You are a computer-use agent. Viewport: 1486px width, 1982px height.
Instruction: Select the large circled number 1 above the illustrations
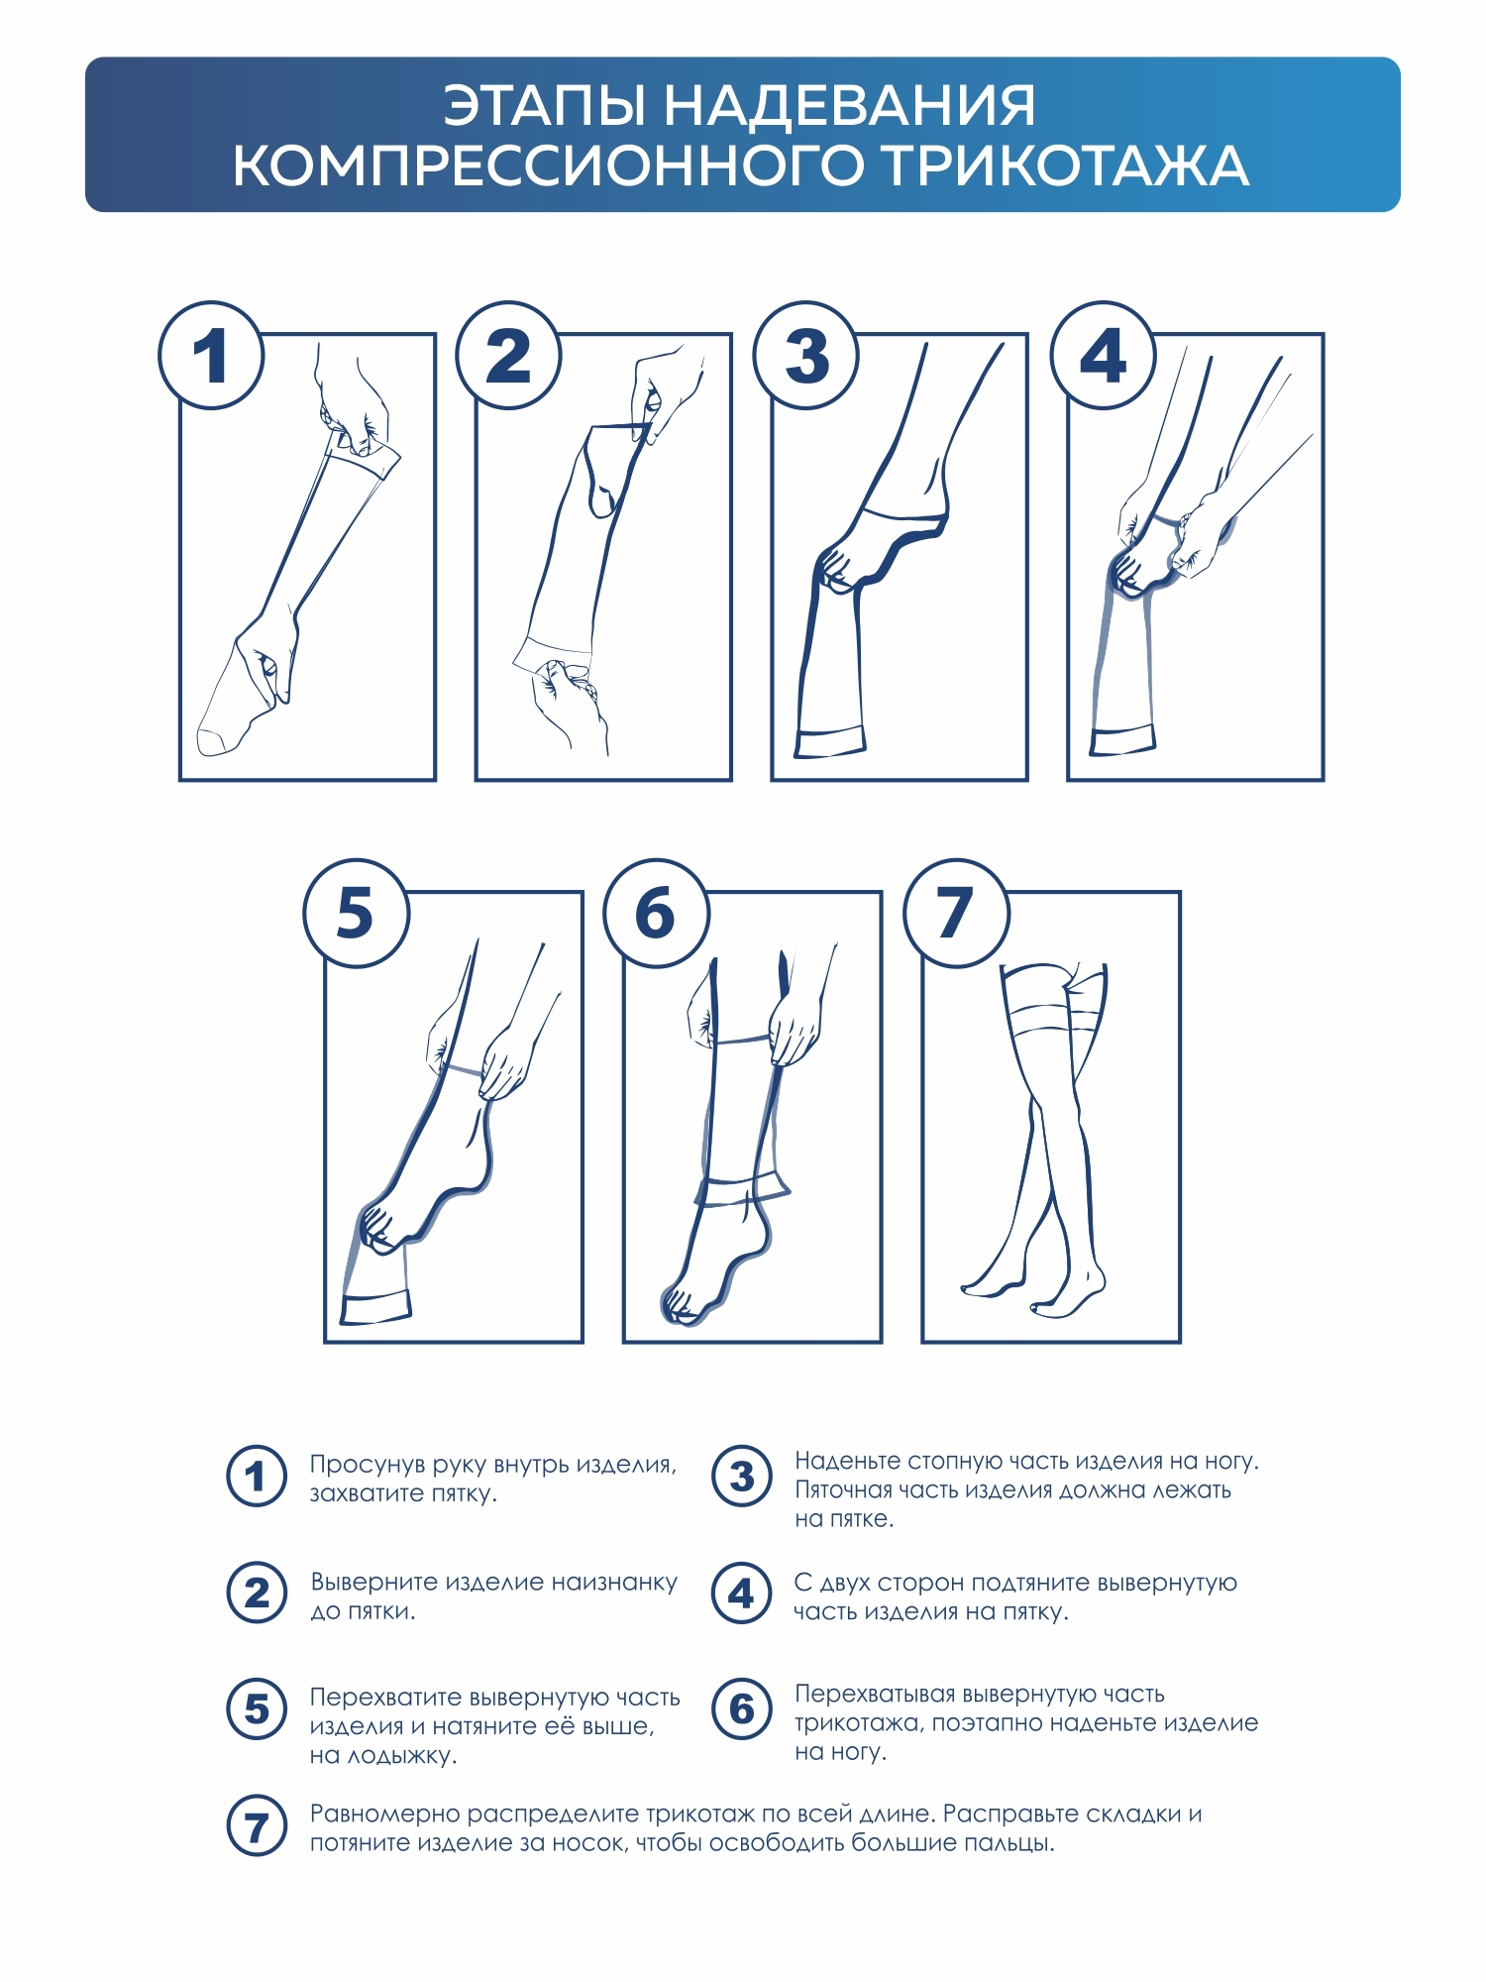(211, 355)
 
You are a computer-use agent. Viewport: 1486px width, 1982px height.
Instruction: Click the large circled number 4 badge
(1103, 355)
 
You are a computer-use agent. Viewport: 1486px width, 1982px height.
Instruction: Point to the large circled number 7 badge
(956, 912)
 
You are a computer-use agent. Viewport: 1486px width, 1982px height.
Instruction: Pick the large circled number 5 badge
(357, 912)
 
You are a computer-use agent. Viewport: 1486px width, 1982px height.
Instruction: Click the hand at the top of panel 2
(666, 391)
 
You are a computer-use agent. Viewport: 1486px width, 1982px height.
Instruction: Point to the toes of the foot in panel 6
(680, 1306)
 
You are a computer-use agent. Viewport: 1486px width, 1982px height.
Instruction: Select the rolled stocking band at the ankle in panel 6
(743, 1188)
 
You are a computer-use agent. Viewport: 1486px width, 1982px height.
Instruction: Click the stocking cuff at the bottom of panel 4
(1122, 740)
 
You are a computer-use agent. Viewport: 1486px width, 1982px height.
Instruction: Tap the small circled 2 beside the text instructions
(257, 1593)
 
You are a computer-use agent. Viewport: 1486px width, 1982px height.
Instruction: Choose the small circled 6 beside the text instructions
(741, 1708)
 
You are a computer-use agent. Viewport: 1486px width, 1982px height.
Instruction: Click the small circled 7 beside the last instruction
(257, 1826)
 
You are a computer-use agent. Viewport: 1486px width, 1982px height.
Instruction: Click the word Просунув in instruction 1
(368, 1466)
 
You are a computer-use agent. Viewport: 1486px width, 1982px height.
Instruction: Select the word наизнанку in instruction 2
(614, 1583)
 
